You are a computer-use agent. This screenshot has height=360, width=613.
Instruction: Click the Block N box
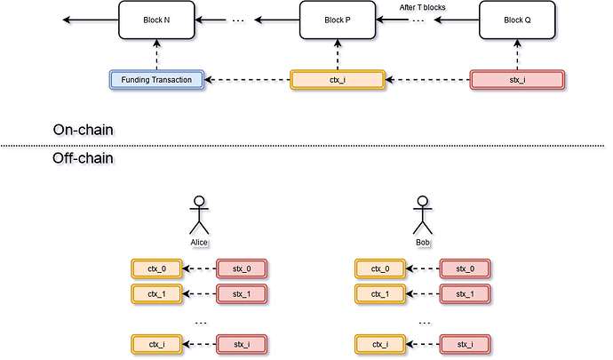tap(156, 20)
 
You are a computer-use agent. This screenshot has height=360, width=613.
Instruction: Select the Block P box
tap(337, 20)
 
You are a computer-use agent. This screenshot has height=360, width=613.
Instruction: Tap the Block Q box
tap(517, 20)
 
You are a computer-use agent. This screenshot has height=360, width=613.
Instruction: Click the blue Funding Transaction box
tap(156, 80)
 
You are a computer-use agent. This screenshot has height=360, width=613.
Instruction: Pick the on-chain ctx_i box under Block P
tap(337, 80)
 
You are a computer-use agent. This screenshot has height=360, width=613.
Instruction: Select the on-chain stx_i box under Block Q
tap(517, 80)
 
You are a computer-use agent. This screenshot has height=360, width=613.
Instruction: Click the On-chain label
tap(85, 131)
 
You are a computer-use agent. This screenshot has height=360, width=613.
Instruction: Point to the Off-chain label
tap(85, 158)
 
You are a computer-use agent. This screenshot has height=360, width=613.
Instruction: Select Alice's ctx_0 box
tap(155, 268)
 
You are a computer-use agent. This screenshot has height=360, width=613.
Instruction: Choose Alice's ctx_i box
tap(155, 344)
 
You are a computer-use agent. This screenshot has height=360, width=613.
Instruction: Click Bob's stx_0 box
tap(466, 268)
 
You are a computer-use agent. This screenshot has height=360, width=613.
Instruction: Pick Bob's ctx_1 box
tap(379, 292)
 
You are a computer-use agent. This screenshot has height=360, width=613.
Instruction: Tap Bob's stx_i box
tap(466, 344)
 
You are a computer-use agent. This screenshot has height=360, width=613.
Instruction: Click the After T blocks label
tap(423, 7)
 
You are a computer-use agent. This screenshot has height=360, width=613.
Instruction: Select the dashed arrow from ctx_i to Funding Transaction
tap(247, 80)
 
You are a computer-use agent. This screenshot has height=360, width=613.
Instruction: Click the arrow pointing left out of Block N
tap(89, 20)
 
